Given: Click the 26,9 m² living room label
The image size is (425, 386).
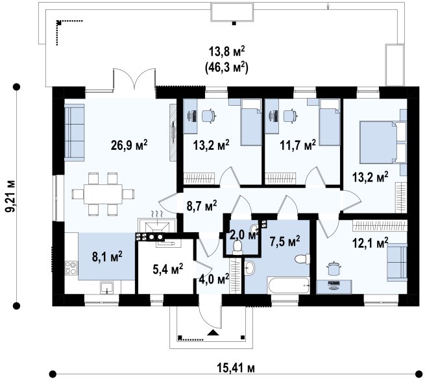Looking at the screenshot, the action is coord(129,145).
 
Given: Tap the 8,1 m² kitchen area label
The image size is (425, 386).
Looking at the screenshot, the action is coord(107,256).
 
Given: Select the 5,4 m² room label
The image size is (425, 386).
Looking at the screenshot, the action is coord(168,269).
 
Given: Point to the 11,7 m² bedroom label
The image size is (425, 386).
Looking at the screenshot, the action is coord(298,145).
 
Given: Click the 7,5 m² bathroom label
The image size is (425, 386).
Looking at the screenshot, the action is coord(285,241).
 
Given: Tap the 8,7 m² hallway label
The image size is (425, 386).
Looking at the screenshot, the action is coord(202,206).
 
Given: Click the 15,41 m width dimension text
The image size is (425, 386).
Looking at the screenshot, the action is coord(236,368).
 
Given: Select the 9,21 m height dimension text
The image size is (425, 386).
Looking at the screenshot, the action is coord(11,196).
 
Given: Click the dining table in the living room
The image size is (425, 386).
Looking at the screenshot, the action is coord(103,194).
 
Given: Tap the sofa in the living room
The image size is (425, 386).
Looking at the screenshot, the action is coord(75,132).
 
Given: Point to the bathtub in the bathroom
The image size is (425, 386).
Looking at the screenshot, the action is coord(288,285).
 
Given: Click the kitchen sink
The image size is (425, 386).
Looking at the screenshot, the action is coord(107,287).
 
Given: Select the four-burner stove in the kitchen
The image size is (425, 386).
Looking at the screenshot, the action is coord(71,268).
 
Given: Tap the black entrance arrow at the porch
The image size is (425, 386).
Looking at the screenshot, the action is coord(213,333).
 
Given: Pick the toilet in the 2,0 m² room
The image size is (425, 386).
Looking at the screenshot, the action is coord(237,248).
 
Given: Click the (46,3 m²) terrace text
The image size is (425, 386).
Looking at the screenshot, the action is coord(226,67).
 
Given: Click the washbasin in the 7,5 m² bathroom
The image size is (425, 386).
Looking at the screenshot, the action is coord(249,268).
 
